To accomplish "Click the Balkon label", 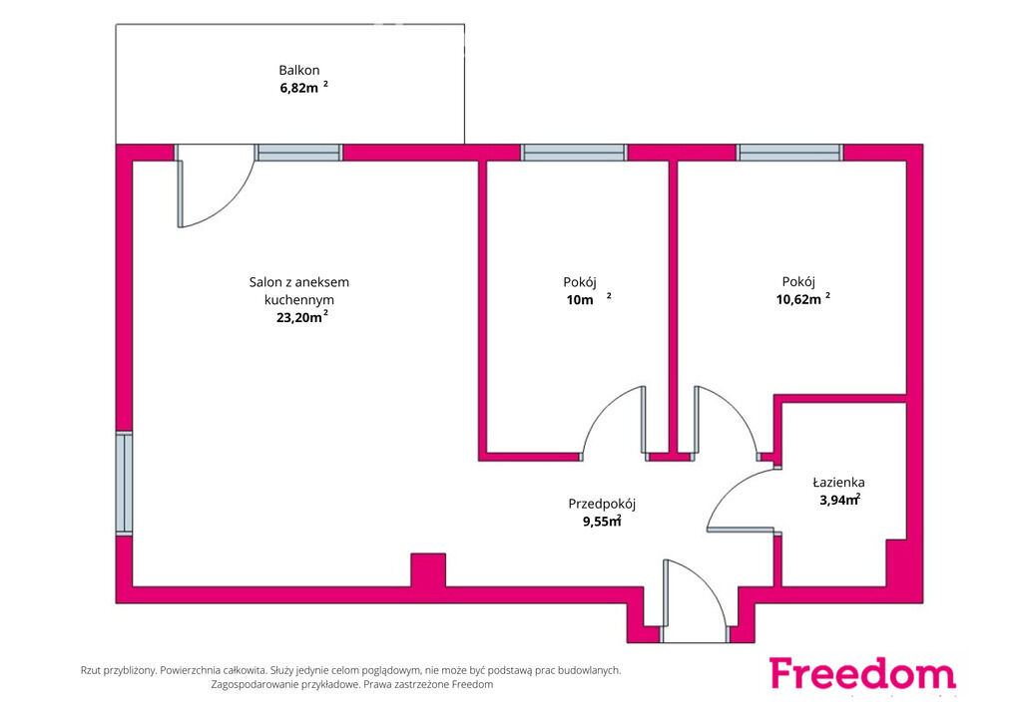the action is (x=299, y=71).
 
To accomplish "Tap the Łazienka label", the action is (x=838, y=483).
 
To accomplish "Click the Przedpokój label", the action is (x=602, y=504).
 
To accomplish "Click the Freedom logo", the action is (x=862, y=674).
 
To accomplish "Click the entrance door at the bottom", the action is (x=695, y=600).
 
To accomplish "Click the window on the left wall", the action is (x=124, y=483).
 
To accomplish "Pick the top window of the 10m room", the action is (x=574, y=153).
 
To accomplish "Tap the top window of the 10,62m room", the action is (x=790, y=153).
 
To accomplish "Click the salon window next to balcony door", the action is (x=299, y=153).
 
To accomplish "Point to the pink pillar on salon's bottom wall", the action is (x=428, y=569).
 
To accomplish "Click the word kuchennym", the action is (x=299, y=300).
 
